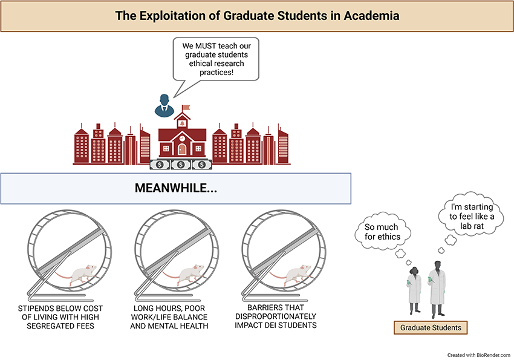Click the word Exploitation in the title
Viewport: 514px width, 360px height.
tap(178, 16)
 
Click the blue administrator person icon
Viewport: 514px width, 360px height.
tap(164, 105)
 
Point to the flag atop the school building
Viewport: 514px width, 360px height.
tap(186, 108)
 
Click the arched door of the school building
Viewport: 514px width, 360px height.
tap(182, 149)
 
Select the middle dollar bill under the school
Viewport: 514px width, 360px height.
tap(181, 165)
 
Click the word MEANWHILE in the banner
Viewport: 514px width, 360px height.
tap(171, 188)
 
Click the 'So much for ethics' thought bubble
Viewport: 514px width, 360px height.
tap(383, 232)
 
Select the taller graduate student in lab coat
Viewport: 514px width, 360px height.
tap(437, 289)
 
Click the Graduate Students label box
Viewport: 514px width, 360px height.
tap(431, 327)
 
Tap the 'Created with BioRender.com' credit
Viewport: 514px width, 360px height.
tap(478, 355)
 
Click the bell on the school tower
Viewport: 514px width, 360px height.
tap(182, 123)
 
